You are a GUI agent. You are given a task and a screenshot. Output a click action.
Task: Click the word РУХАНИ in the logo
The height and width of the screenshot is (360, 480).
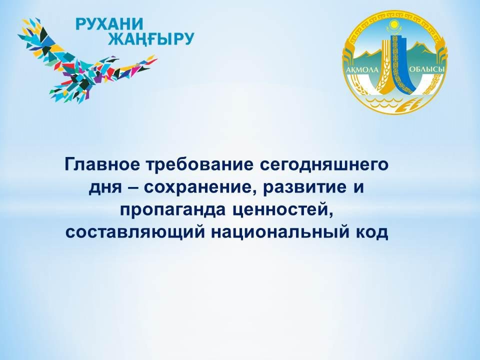pyautogui.click(x=109, y=24)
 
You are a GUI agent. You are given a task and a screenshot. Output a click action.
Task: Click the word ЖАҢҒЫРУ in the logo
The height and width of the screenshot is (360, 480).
pyautogui.click(x=151, y=39)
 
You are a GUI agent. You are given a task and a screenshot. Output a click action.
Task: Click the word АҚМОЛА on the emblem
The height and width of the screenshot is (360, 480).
pyautogui.click(x=362, y=70)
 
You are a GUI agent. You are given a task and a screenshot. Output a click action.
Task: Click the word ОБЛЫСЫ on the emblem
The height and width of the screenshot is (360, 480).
pyautogui.click(x=426, y=70)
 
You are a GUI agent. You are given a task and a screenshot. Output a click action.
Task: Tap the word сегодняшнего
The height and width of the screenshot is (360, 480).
pyautogui.click(x=324, y=165)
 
